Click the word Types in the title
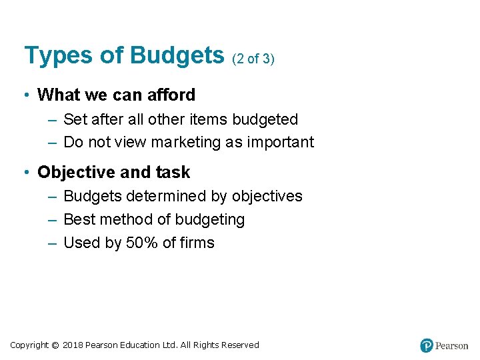(57, 55)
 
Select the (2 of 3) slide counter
(253, 59)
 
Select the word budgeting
(211, 220)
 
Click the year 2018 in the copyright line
(73, 345)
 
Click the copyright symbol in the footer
(55, 345)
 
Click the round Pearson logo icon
(427, 345)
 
